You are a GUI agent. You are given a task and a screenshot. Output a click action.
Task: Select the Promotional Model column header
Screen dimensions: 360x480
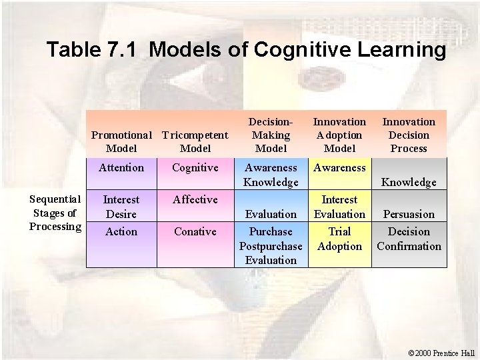tap(121, 141)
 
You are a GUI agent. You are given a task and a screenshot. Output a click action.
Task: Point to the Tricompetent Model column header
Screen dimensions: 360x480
tap(195, 141)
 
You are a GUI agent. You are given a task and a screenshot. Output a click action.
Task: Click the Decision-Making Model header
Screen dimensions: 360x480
tap(271, 135)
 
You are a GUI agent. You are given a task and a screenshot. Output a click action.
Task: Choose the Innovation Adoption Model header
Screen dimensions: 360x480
tap(339, 135)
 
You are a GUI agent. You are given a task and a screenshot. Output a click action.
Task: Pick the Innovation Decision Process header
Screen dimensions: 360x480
tap(408, 135)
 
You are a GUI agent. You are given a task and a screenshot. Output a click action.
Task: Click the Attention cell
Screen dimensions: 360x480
tap(121, 168)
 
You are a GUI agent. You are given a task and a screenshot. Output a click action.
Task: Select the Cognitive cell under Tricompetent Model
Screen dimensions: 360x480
tap(195, 168)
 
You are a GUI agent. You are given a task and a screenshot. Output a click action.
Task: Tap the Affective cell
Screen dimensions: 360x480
tap(195, 199)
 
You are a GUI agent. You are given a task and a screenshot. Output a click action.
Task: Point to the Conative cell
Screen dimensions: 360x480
tap(195, 231)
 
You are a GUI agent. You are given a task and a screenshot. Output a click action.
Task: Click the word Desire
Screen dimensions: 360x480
tap(121, 214)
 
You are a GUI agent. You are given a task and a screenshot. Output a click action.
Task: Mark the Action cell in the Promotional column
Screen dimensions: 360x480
tap(121, 231)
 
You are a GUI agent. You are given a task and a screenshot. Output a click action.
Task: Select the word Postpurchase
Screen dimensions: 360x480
tap(271, 246)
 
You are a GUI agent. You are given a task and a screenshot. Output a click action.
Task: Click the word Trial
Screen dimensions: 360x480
tap(339, 231)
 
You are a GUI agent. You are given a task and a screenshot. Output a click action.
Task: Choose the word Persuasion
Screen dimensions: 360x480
tap(409, 214)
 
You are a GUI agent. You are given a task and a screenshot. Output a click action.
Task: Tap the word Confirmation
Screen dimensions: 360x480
tap(409, 246)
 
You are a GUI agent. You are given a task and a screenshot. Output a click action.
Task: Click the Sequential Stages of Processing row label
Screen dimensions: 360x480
tap(55, 213)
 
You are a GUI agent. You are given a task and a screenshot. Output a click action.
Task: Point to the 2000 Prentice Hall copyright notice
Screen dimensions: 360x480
tap(442, 352)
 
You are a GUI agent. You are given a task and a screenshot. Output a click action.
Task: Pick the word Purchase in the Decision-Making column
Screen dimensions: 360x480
tap(271, 231)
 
